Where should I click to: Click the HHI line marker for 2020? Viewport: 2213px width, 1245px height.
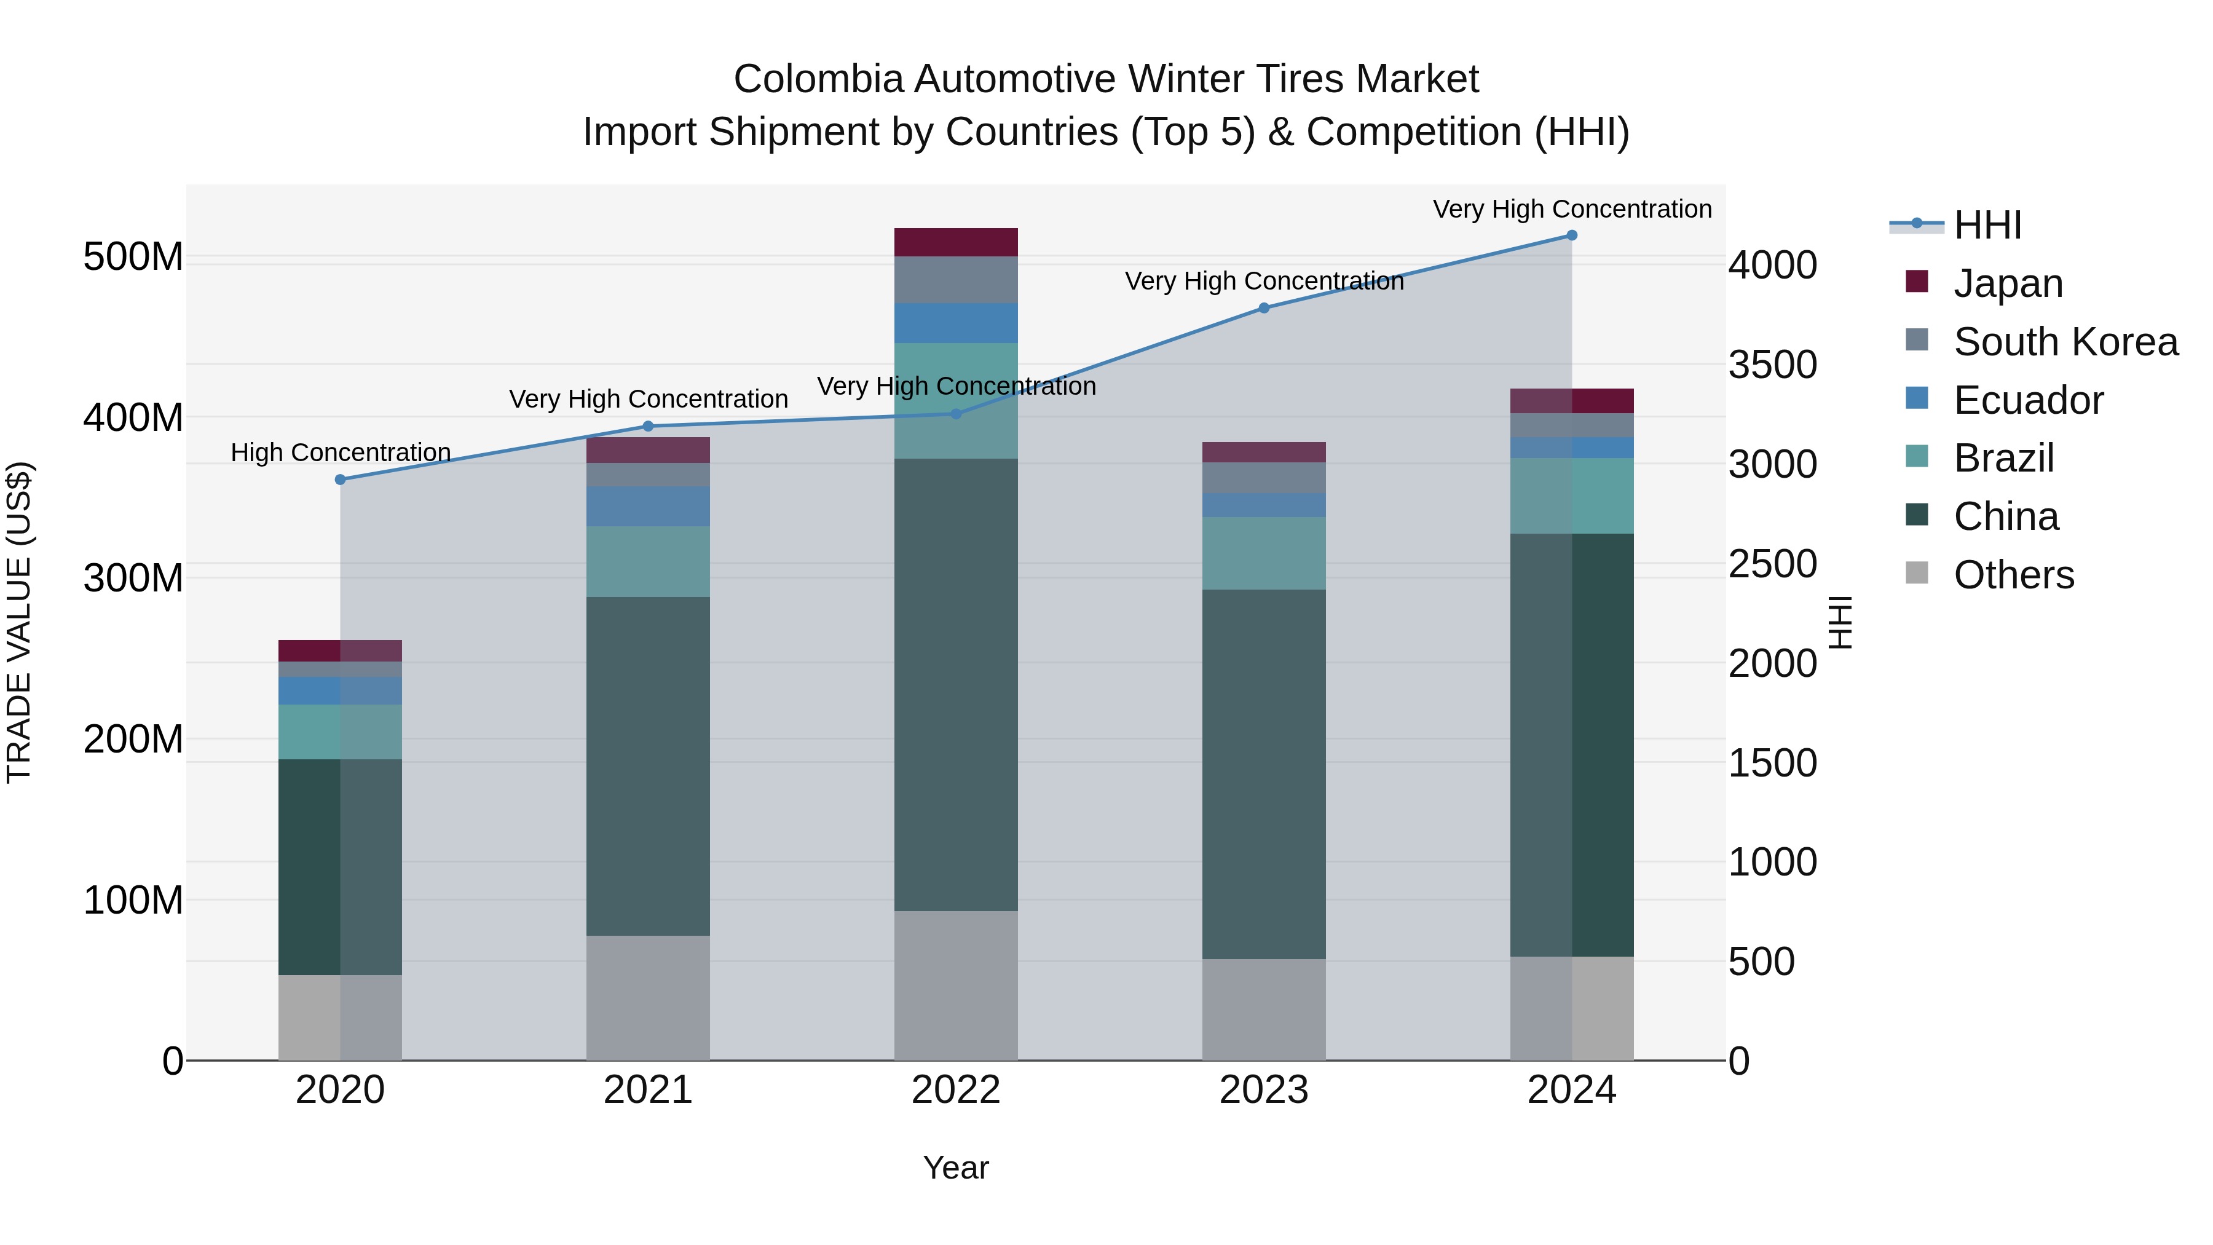(340, 480)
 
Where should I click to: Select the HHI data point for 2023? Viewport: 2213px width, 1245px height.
(1264, 307)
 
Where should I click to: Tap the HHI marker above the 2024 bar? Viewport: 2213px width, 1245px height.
(1572, 235)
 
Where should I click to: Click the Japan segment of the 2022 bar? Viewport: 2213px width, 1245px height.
(956, 242)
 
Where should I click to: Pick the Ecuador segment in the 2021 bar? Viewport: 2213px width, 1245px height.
(648, 506)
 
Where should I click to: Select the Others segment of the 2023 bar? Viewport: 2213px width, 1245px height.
(1264, 1010)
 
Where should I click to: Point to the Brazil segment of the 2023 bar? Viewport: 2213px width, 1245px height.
(1264, 553)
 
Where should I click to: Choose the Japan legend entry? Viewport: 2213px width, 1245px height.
(2008, 283)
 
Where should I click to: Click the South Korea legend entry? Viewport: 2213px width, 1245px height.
(2065, 342)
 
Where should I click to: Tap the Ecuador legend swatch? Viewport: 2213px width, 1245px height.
(1917, 398)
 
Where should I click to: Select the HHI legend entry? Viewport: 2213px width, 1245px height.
(1987, 225)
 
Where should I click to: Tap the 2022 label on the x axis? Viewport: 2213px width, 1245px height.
(956, 1090)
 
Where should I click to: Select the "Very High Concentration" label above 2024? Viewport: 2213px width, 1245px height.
(1572, 209)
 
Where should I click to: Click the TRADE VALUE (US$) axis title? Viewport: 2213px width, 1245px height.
(19, 622)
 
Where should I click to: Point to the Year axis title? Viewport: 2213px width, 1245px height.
(956, 1168)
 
